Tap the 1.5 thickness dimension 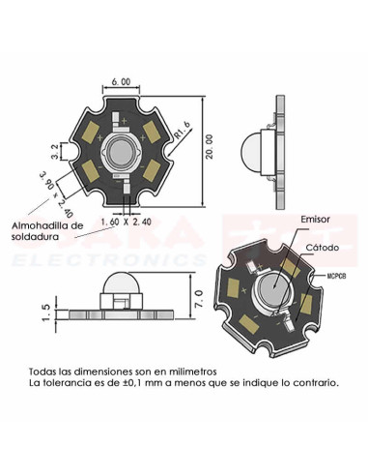point(45,312)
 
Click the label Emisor point(316,220)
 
